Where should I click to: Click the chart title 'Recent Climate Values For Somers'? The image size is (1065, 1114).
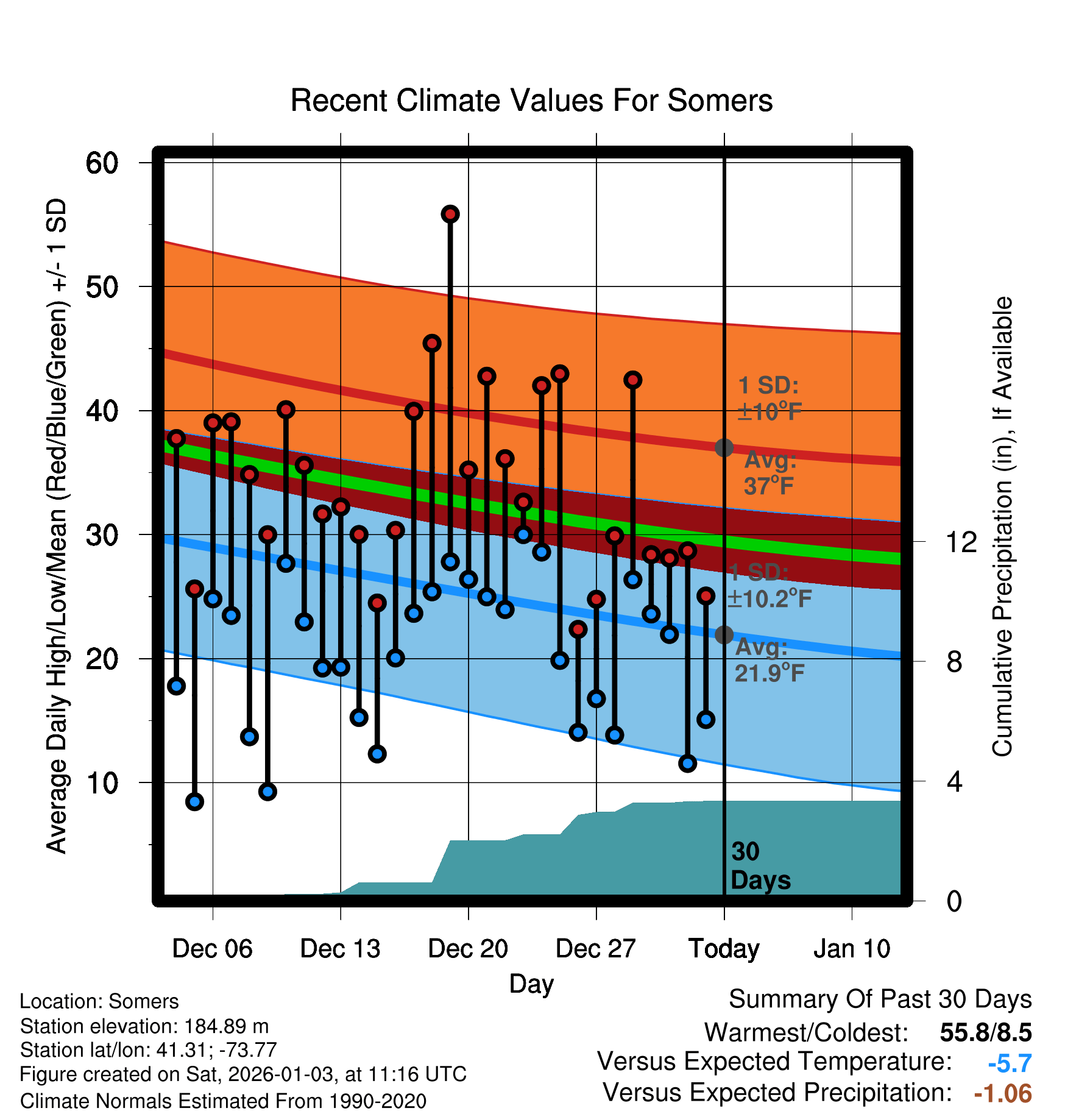531,101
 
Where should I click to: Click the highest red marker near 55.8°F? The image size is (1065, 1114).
450,214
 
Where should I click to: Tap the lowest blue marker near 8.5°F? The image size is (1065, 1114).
194,801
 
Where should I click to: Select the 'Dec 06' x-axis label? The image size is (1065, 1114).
212,948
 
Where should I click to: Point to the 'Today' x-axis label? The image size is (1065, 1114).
724,948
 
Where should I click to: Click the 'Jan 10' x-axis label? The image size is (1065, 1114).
852,948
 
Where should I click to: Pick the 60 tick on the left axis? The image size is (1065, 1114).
102,163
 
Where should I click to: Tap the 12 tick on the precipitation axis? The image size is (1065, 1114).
961,542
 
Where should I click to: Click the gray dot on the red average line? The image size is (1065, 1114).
724,448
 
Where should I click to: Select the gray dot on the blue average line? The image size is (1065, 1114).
724,635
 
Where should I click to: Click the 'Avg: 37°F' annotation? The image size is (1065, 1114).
770,473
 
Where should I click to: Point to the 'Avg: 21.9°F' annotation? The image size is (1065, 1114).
769,660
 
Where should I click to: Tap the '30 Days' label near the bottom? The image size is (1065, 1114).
760,866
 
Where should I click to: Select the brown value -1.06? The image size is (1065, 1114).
1003,1093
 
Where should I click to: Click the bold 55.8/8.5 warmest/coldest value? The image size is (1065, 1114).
985,1032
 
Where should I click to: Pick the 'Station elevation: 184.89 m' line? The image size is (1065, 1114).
144,1026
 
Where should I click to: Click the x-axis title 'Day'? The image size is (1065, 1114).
531,984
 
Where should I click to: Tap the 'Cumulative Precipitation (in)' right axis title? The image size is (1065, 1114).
1002,527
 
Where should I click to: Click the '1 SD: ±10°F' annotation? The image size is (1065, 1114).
769,399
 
